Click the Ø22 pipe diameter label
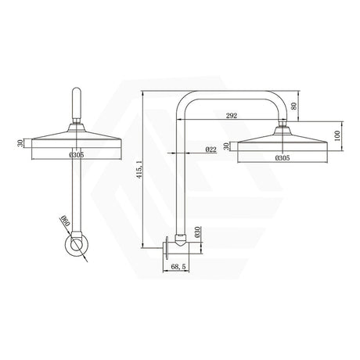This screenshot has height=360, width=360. pos(211,149)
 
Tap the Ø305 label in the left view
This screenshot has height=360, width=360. pos(76,155)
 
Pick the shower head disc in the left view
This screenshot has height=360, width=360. pos(76,142)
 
